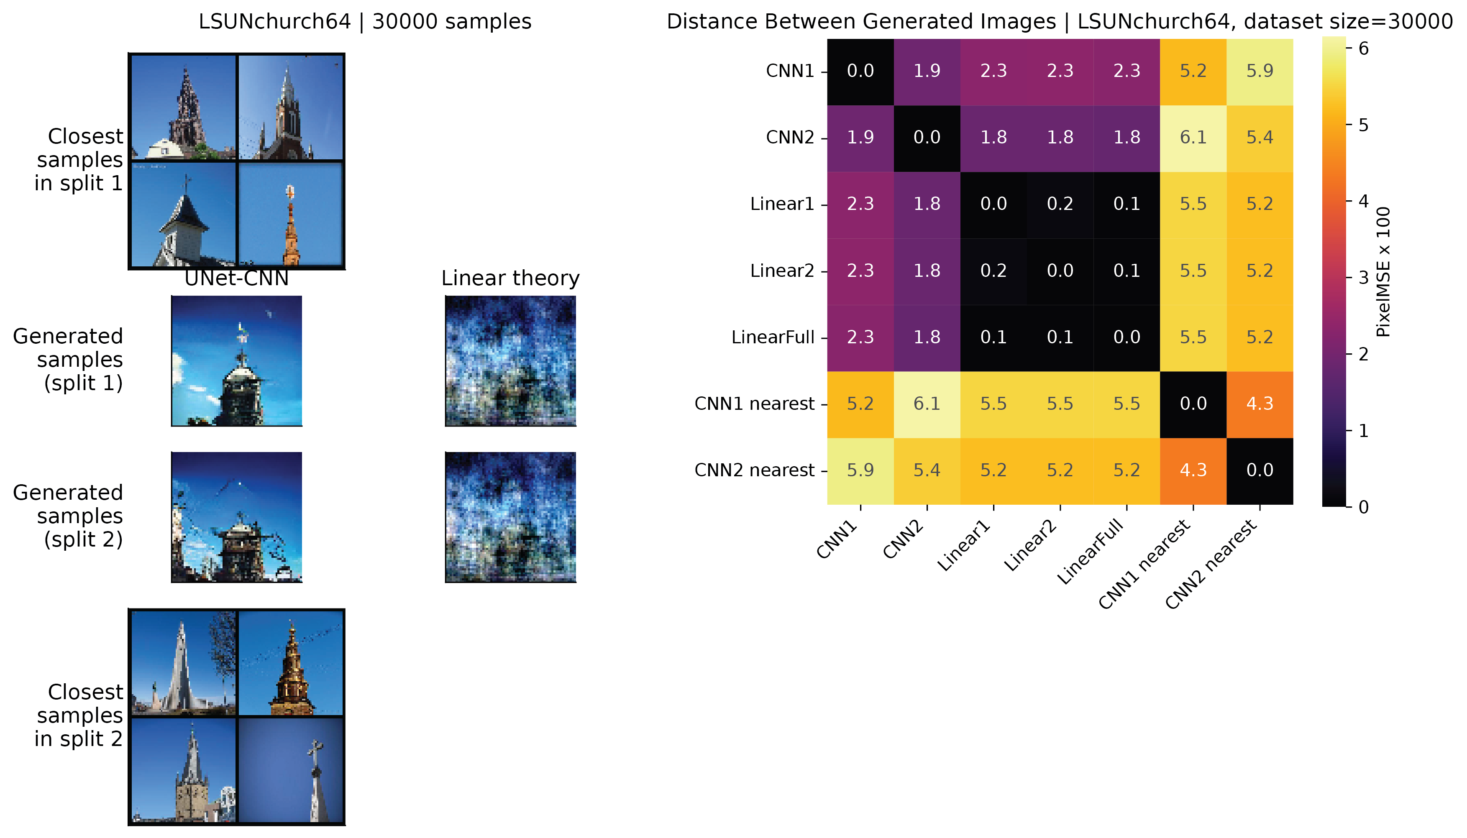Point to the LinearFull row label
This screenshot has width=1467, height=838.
(773, 338)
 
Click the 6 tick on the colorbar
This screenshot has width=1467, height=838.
(1363, 49)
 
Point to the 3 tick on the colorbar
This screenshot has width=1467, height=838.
(1363, 278)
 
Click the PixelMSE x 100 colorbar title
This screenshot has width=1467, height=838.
(1383, 272)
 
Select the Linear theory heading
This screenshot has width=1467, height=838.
(510, 278)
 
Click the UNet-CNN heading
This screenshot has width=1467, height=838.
(237, 278)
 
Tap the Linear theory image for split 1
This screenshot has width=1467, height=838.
(510, 361)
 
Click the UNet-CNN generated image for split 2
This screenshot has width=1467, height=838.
(237, 517)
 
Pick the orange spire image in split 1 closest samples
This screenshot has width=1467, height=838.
(290, 214)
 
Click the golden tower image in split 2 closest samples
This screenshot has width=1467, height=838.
(290, 663)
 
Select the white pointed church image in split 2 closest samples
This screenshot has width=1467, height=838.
(184, 663)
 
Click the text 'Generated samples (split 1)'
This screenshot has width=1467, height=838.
(68, 360)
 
